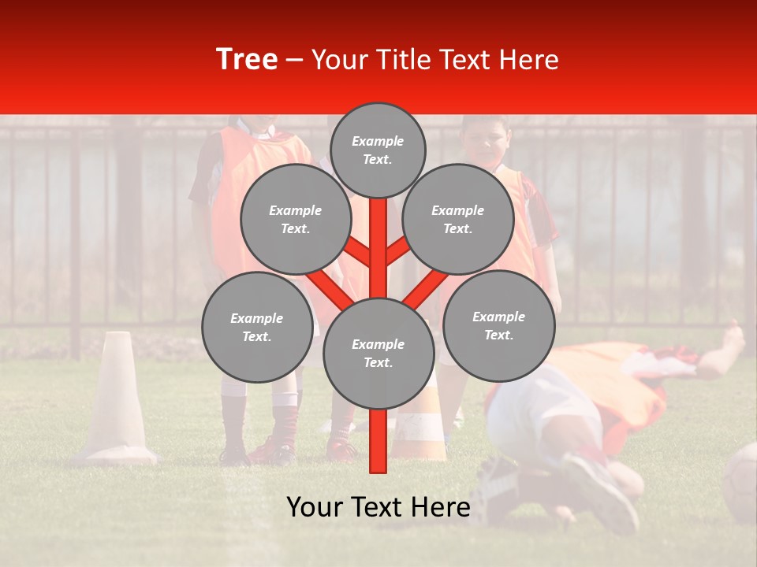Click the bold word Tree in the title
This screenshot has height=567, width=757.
(247, 60)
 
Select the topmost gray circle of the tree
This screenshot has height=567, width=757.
(378, 150)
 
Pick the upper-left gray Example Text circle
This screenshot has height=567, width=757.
(295, 219)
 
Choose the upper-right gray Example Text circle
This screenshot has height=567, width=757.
(458, 219)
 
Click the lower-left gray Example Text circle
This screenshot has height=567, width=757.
(257, 327)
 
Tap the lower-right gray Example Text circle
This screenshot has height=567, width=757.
(498, 325)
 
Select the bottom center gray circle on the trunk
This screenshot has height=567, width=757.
(378, 353)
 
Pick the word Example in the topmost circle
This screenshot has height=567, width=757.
(378, 142)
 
